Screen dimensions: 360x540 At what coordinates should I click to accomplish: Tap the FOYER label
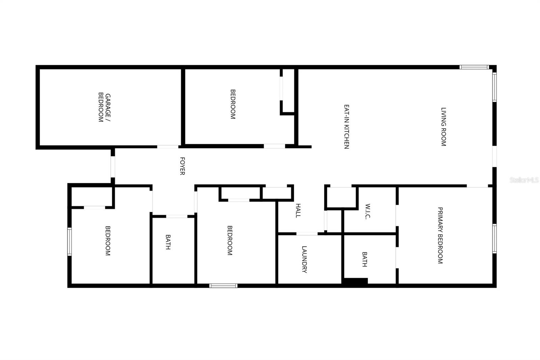pos(182,166)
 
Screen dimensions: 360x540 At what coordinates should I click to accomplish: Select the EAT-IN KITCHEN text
pos(346,127)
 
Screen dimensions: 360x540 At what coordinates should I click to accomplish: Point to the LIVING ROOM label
pos(443,127)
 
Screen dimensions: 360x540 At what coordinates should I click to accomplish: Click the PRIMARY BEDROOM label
pos(440,235)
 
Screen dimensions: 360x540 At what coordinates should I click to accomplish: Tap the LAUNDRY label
pos(304,259)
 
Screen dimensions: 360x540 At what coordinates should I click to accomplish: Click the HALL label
pos(298,210)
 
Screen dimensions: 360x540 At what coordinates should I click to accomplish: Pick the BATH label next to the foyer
pos(168,242)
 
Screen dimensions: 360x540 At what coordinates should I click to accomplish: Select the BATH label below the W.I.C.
pos(364,259)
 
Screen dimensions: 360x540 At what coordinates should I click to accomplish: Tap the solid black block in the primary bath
pos(355,281)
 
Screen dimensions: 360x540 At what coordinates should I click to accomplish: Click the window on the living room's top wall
pos(474,67)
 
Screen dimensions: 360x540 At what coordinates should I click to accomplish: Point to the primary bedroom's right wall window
pos(494,238)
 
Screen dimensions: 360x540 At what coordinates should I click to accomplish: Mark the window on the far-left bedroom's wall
pos(70,241)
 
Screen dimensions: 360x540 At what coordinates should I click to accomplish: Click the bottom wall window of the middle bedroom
pos(223,286)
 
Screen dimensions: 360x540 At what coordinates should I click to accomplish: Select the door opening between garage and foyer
pos(168,147)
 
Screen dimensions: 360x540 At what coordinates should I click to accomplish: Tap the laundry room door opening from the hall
pos(307,233)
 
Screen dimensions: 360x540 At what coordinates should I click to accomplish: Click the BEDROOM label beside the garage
pos(233,104)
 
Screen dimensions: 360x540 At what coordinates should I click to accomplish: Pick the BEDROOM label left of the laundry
pos(230,240)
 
